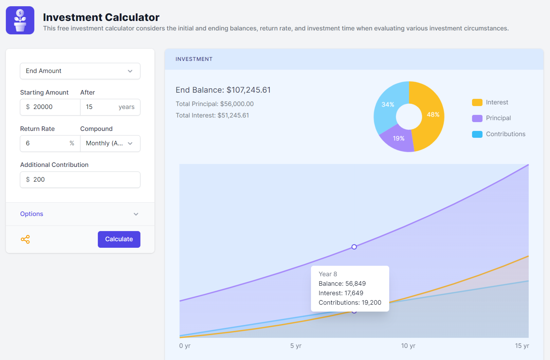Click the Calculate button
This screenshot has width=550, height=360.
pos(119,239)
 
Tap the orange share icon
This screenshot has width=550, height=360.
pos(25,239)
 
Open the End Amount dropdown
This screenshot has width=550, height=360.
pos(80,71)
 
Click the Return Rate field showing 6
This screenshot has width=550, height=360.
pos(46,143)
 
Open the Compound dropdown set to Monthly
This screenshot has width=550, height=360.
pos(110,143)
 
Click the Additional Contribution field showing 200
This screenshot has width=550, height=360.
pos(80,180)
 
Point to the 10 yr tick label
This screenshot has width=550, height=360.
pos(408,346)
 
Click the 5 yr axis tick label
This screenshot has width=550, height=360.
pos(296,346)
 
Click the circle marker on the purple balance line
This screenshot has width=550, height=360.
pos(354,247)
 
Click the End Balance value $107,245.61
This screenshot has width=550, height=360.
pos(248,90)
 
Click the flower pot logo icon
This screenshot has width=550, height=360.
pos(20,20)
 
